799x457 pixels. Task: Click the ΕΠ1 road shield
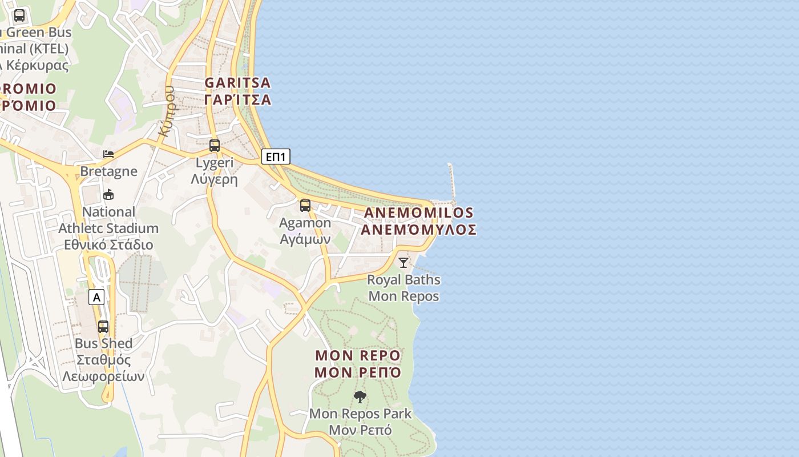pos(276,157)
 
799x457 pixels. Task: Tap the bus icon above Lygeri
pos(215,146)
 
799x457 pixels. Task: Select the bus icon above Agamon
pos(305,206)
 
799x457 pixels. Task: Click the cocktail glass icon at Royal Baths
pos(403,263)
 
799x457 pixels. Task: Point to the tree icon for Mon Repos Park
pos(360,396)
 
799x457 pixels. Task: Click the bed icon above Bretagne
pos(108,154)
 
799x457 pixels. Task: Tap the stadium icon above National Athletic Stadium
pos(108,195)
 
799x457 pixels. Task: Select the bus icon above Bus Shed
pos(103,327)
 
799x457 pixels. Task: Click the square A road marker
pos(96,297)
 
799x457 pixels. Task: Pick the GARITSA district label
pos(237,83)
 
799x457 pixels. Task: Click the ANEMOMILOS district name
pos(418,213)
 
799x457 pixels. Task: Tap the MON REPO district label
pos(358,355)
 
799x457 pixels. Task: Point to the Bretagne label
pos(108,171)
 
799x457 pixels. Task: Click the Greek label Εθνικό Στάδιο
pos(108,245)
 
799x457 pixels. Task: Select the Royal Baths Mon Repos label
pos(403,288)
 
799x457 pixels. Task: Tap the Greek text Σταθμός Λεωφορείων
pos(103,368)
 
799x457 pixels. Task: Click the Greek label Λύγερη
pos(214,179)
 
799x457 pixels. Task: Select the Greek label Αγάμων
pos(305,239)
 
